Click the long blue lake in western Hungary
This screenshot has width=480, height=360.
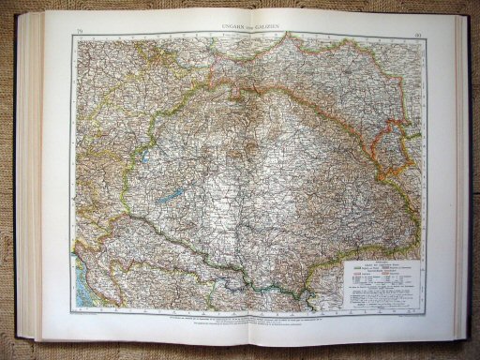[x=172, y=199]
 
